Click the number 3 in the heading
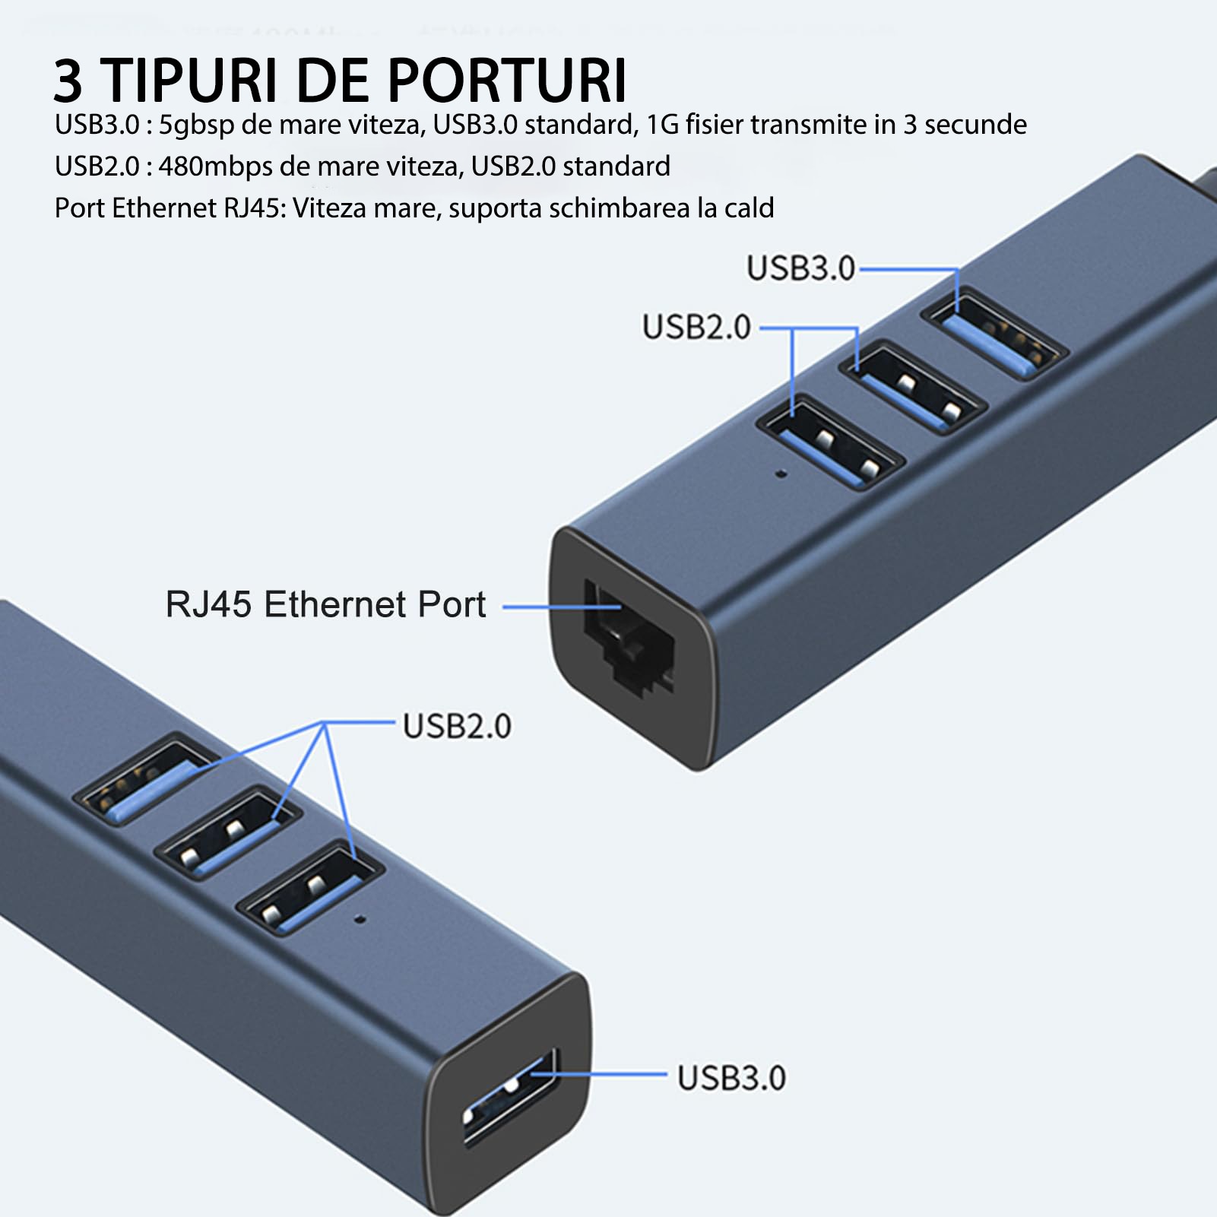pos(68,81)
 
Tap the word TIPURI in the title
pos(190,80)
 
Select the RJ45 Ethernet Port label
pos(325,605)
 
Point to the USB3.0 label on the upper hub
pos(800,268)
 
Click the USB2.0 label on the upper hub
pos(696,328)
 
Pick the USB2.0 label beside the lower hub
pos(457,726)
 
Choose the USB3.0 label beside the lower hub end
pos(731,1078)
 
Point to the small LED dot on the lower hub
pos(360,919)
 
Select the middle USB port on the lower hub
pos(227,833)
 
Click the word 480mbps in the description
pos(215,166)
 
